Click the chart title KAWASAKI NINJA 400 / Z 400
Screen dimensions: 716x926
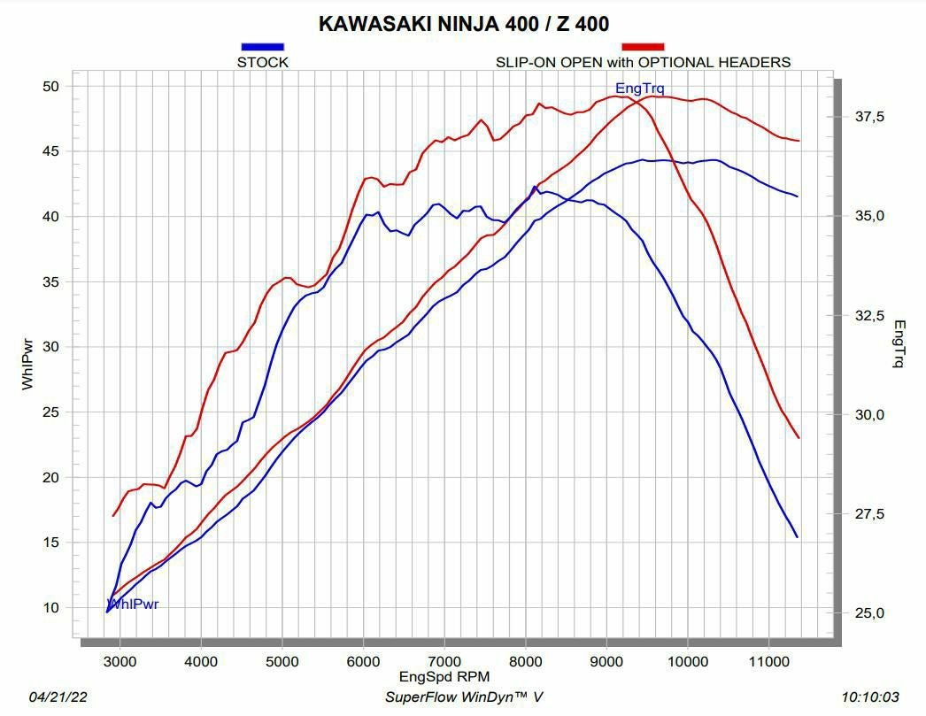tap(463, 24)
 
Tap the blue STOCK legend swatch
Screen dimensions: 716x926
tap(262, 47)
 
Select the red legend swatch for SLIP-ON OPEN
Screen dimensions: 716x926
tap(643, 47)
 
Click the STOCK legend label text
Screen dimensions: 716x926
tap(262, 62)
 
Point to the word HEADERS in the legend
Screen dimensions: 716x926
tap(755, 62)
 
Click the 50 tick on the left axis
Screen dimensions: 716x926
tap(50, 86)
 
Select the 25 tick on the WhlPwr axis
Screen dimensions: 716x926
tap(50, 412)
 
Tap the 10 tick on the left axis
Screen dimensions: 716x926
tap(50, 607)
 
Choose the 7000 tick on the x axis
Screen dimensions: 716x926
tap(444, 660)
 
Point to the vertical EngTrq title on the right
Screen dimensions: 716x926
tap(899, 344)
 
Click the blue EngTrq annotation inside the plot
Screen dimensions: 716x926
tap(639, 88)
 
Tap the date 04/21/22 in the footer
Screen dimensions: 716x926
tap(58, 697)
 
